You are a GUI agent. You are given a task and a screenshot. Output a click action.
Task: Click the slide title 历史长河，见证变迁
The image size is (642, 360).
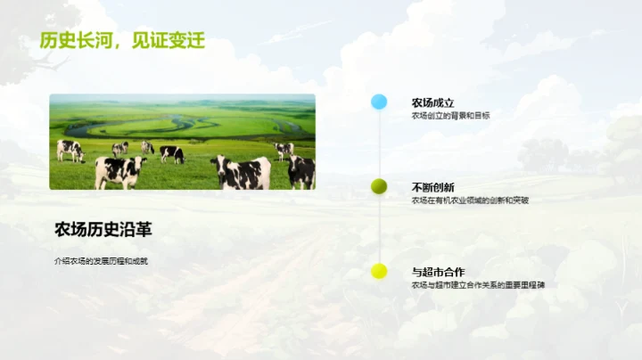pyautogui.click(x=122, y=41)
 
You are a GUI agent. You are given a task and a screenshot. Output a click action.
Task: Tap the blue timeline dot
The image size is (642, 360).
pyautogui.click(x=379, y=102)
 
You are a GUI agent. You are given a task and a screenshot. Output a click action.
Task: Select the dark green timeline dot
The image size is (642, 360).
pyautogui.click(x=379, y=186)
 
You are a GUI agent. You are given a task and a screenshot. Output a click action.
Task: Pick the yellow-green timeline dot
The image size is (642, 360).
pyautogui.click(x=379, y=271)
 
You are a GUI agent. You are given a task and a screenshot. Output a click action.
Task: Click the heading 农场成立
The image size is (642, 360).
pyautogui.click(x=432, y=102)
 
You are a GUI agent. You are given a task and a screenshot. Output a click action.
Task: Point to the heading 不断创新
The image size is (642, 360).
pyautogui.click(x=432, y=187)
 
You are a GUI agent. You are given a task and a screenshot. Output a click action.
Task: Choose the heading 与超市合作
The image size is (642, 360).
pyautogui.click(x=438, y=272)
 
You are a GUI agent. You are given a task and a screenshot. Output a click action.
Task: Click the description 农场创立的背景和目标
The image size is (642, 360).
pyautogui.click(x=450, y=116)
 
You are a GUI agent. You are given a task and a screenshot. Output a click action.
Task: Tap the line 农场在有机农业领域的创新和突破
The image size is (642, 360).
pyautogui.click(x=470, y=200)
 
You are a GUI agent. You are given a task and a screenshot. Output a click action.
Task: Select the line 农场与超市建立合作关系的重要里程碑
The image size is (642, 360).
pyautogui.click(x=477, y=285)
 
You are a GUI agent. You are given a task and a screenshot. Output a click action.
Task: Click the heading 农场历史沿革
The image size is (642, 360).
pyautogui.click(x=103, y=230)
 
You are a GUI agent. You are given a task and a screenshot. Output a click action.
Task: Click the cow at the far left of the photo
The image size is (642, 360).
pyautogui.click(x=70, y=150)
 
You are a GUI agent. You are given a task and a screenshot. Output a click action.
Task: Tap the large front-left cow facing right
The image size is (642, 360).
pyautogui.click(x=119, y=169)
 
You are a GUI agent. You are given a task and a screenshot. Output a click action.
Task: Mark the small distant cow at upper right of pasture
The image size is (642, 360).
pyautogui.click(x=284, y=149)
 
